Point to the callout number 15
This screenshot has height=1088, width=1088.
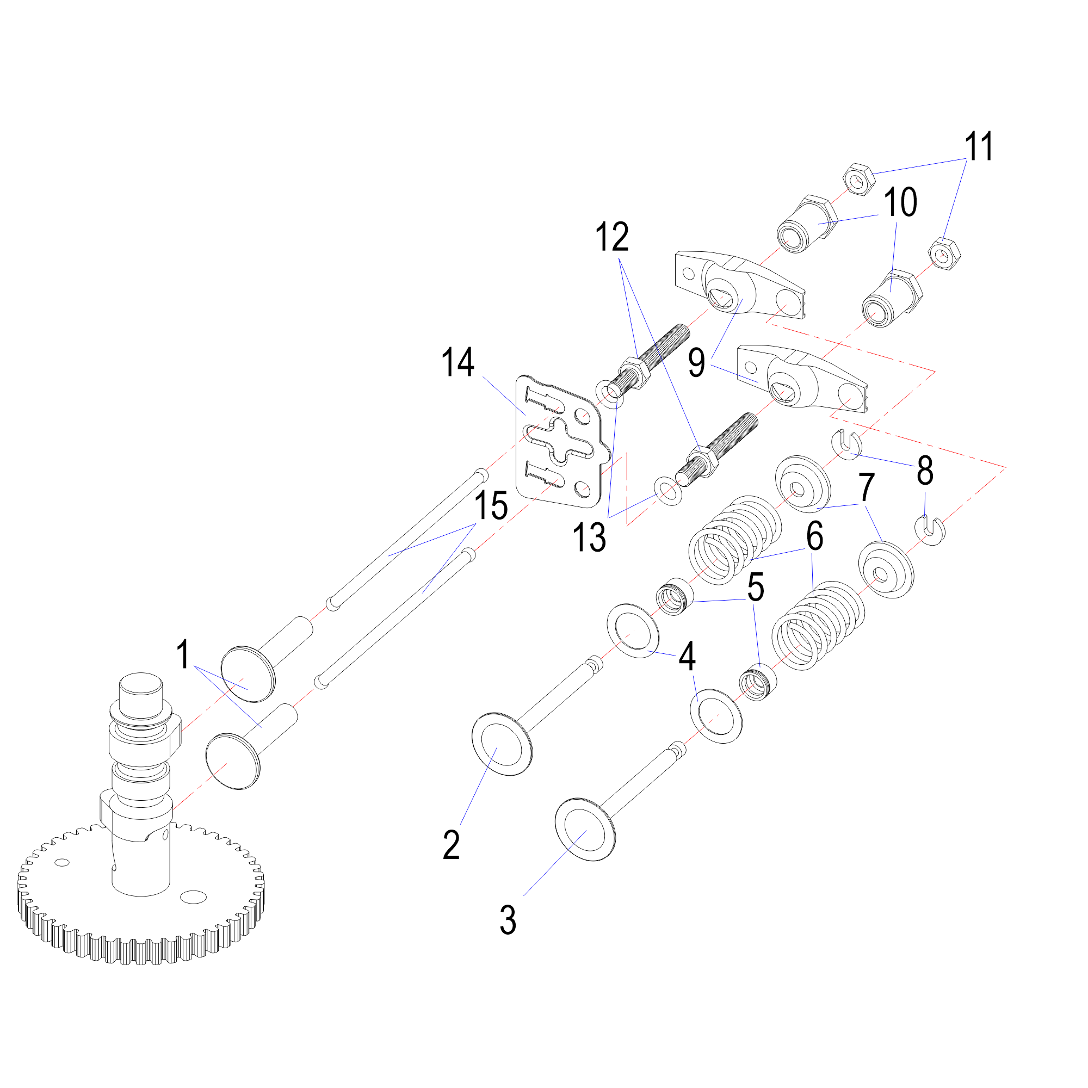tap(491, 506)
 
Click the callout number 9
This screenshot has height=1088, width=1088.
tap(697, 363)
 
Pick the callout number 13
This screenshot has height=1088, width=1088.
tap(589, 537)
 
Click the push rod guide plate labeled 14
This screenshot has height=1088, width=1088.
tap(558, 439)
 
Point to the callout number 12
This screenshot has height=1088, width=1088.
tap(612, 237)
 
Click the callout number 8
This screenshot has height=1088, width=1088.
tap(925, 471)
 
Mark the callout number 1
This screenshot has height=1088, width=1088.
tap(182, 654)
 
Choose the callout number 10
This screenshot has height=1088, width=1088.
tap(900, 202)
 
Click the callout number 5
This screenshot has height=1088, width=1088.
tap(755, 587)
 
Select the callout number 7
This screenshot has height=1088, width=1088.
tap(866, 487)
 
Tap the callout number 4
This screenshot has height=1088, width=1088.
tap(687, 657)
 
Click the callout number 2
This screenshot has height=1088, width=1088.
tap(451, 845)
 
